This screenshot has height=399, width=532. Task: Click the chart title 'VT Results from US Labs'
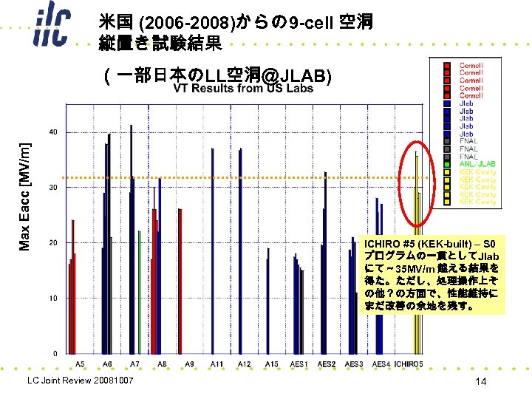[243, 89]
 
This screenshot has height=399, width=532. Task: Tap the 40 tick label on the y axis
[54, 132]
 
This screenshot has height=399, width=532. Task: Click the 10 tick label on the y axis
[54, 298]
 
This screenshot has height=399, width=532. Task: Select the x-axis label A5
[80, 364]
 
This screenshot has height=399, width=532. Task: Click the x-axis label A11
[216, 364]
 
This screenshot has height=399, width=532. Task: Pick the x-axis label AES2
[327, 364]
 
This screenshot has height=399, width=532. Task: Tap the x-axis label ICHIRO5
[409, 364]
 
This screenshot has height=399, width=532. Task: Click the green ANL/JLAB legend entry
[477, 164]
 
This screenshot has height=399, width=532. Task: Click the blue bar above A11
[213, 251]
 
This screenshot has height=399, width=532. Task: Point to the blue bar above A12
[241, 251]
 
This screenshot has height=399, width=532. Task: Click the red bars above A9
[180, 281]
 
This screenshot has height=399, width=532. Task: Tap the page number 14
[480, 381]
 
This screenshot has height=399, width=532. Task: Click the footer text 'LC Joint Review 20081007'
[80, 381]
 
